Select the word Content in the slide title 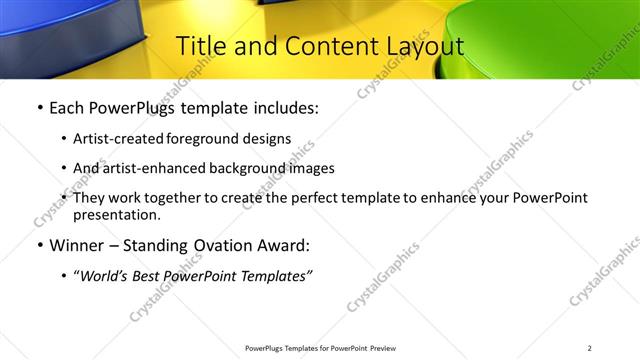tap(319, 47)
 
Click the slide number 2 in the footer tap(589, 348)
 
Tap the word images tap(309, 168)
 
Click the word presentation tap(115, 215)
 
